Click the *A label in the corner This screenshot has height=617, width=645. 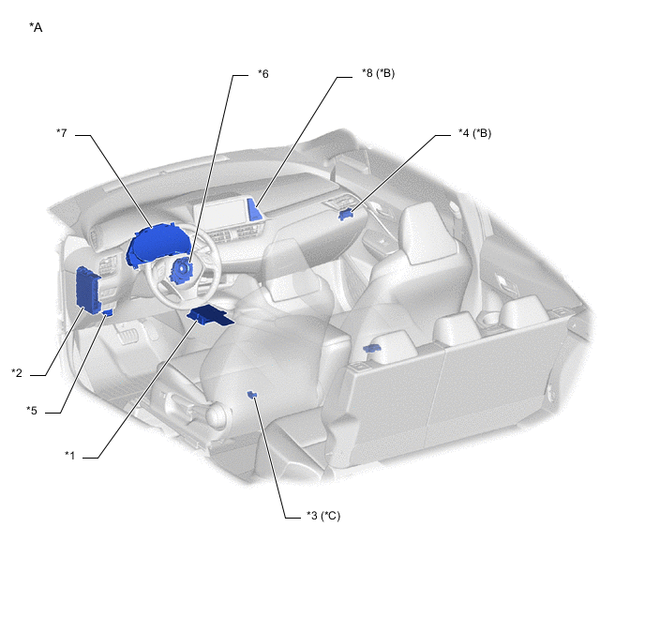click(x=36, y=27)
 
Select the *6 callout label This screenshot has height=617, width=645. click(x=263, y=74)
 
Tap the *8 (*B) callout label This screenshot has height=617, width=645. click(x=379, y=73)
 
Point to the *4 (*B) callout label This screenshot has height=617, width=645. click(x=475, y=133)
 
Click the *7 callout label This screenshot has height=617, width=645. click(x=62, y=133)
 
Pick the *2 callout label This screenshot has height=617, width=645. click(x=17, y=373)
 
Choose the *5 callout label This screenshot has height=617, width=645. click(x=32, y=411)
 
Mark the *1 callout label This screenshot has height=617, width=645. click(x=70, y=456)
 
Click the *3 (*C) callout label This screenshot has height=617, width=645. click(x=323, y=516)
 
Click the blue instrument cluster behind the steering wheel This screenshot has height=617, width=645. click(x=155, y=244)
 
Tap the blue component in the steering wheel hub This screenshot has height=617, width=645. click(x=180, y=272)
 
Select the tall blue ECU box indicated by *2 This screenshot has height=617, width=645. click(x=88, y=291)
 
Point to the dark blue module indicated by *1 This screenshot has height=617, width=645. click(x=211, y=315)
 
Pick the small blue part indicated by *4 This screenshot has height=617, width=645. click(x=346, y=215)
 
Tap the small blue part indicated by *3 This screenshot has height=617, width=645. click(x=252, y=395)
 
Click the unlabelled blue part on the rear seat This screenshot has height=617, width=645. click(x=372, y=349)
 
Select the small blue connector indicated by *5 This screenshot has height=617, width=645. click(x=108, y=312)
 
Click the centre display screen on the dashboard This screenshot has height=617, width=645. click(x=221, y=215)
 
